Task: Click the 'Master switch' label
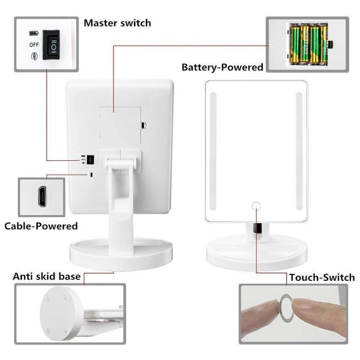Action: pos(118,23)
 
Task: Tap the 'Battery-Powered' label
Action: pos(222,67)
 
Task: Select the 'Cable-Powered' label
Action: pos(41,226)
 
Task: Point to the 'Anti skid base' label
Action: pos(47,276)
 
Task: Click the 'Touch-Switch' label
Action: pos(322,277)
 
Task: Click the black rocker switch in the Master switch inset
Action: pos(52,45)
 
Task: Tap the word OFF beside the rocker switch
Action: pos(34,45)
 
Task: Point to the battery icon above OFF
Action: pos(34,34)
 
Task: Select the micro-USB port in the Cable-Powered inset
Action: pos(42,197)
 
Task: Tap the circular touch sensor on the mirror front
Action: pos(256,206)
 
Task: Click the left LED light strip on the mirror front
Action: pos(213,151)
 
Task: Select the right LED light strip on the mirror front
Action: pos(299,151)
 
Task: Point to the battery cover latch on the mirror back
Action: pos(144,125)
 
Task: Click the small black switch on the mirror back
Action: pos(91,160)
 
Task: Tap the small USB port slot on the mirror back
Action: pos(91,175)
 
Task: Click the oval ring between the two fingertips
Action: pos(286,307)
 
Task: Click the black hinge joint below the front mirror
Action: pos(257,229)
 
